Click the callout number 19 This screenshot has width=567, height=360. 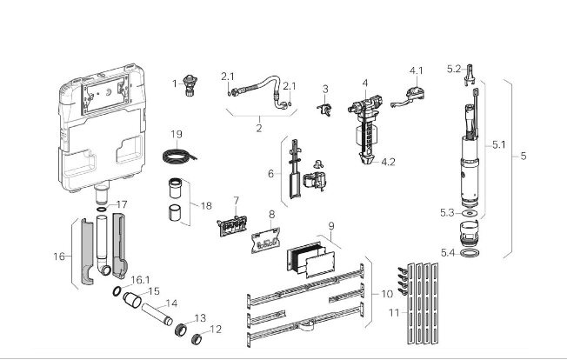pyautogui.click(x=176, y=135)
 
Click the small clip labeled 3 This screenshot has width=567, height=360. pyautogui.click(x=325, y=109)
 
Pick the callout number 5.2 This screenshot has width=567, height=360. pyautogui.click(x=454, y=69)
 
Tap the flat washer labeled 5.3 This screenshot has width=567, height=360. pyautogui.click(x=469, y=211)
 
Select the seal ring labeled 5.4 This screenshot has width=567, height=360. pyautogui.click(x=470, y=252)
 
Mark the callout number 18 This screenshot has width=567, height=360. pyautogui.click(x=205, y=206)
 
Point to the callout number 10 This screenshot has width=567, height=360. pyautogui.click(x=385, y=294)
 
